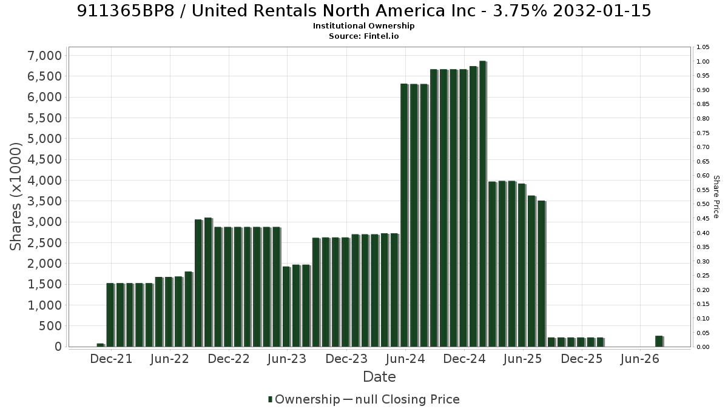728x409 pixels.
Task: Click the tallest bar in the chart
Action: coord(483,204)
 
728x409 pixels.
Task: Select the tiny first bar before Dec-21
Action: coord(101,345)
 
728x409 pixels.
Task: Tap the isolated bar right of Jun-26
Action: coord(659,341)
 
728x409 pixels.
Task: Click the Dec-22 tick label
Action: coord(229,359)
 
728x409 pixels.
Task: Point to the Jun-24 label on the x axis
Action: coord(405,359)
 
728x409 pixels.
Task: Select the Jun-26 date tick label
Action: coord(639,359)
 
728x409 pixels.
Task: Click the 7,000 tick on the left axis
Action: coord(44,56)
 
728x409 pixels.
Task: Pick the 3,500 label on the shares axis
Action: coord(44,201)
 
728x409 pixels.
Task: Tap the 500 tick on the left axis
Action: coord(50,326)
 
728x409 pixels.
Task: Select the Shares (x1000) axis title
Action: coord(15,197)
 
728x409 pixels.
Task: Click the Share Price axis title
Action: coord(716,197)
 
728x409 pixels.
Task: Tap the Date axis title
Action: coord(379,377)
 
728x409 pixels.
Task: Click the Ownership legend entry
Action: coord(304,399)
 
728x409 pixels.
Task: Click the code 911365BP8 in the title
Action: coord(126,11)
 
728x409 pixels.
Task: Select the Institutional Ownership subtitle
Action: coord(363,26)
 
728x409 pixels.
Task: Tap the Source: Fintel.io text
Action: coord(363,36)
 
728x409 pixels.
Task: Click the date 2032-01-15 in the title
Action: coord(602,11)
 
